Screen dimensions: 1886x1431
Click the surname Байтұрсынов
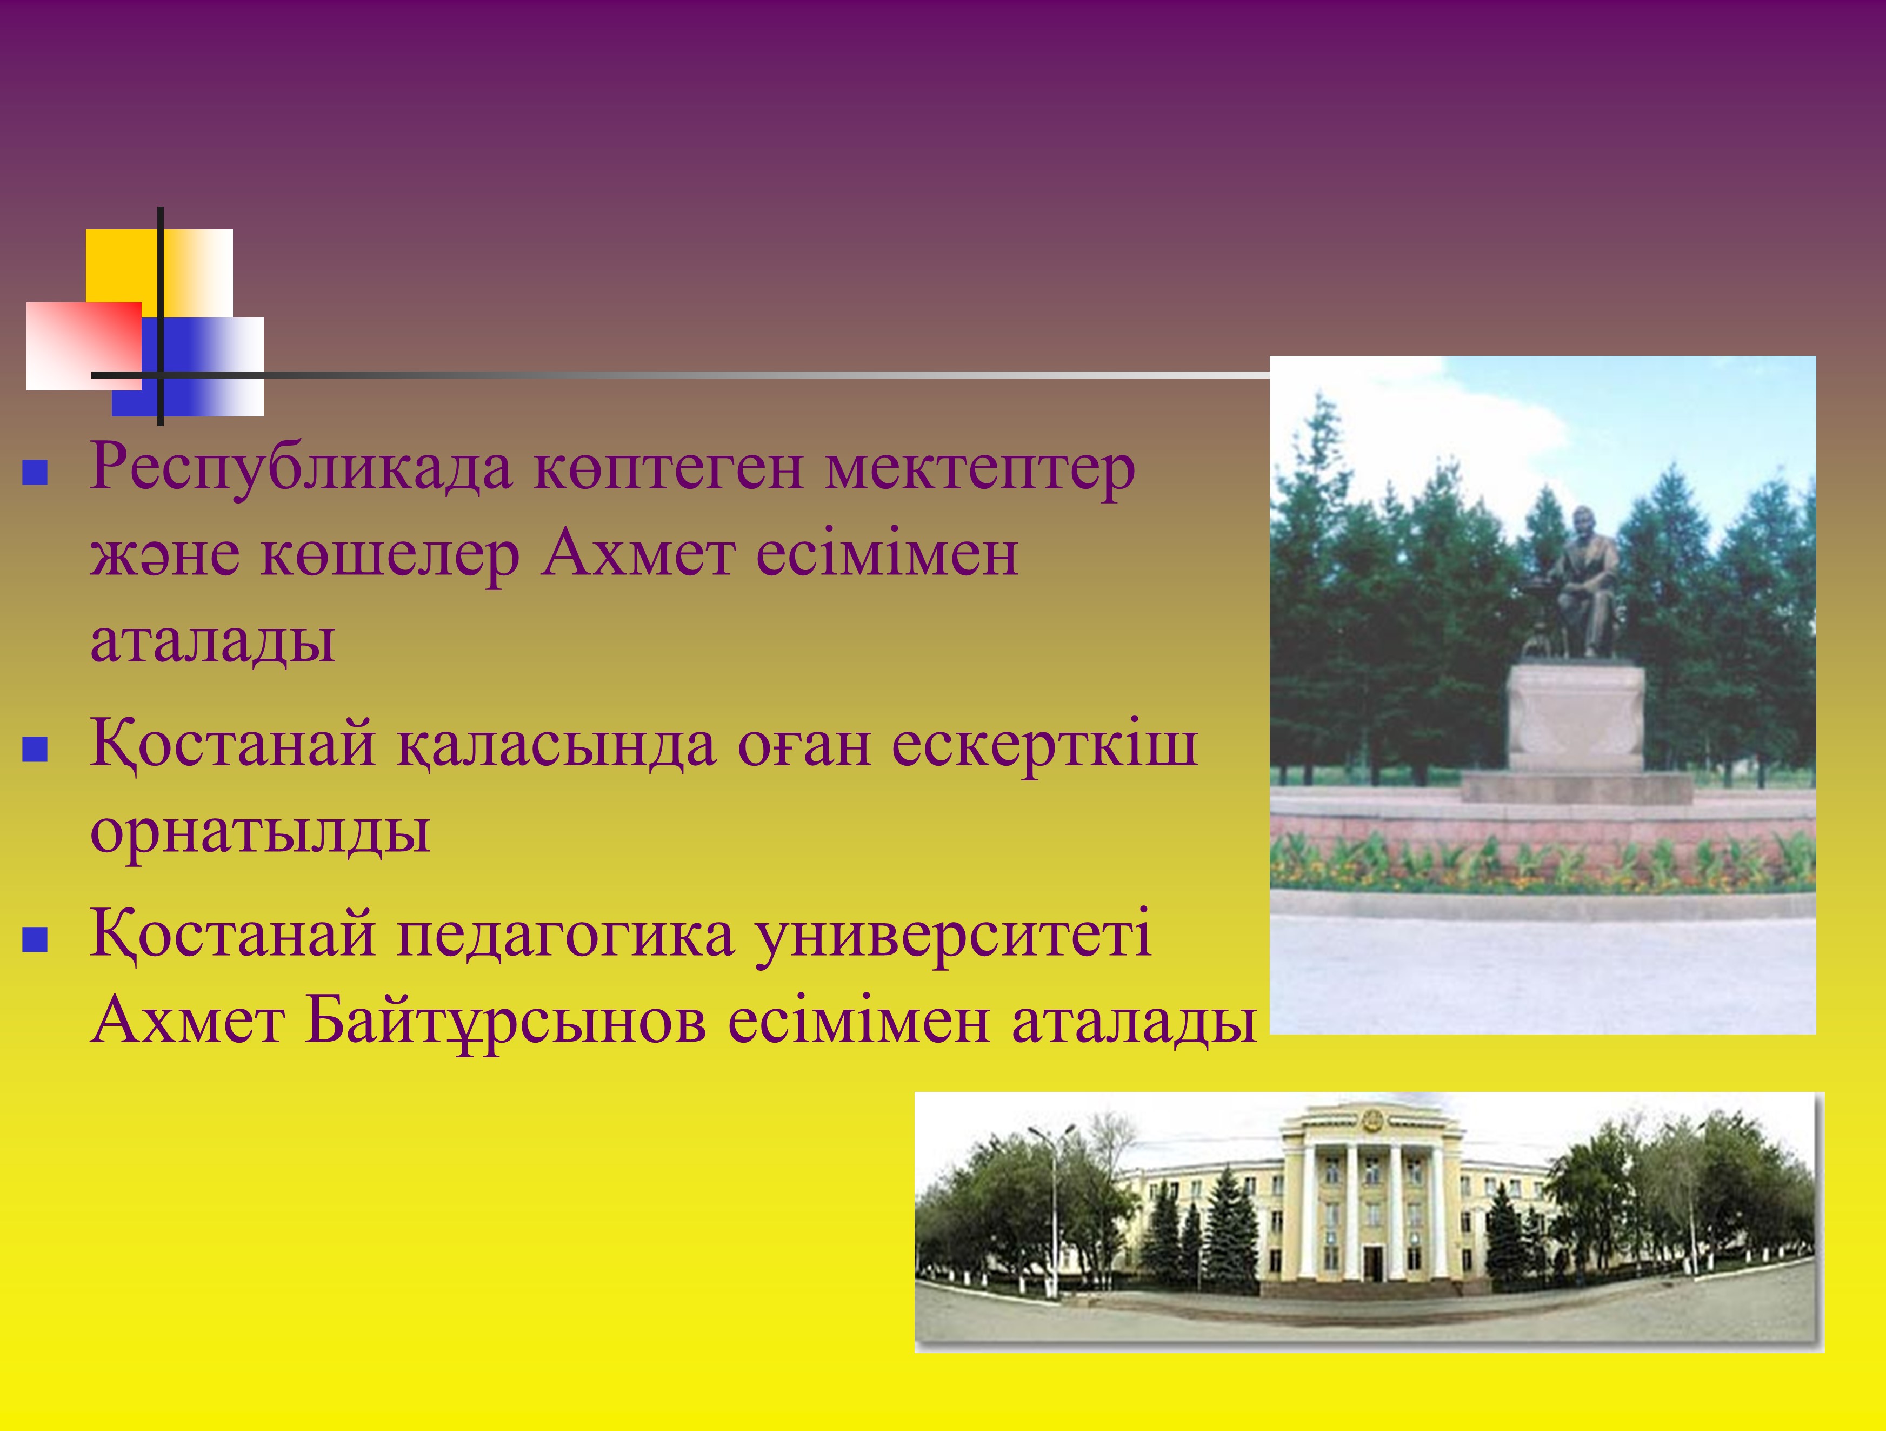505,1021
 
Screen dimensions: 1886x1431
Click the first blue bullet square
35,473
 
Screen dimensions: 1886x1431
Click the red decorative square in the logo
84,346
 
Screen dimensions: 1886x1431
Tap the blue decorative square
188,367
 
